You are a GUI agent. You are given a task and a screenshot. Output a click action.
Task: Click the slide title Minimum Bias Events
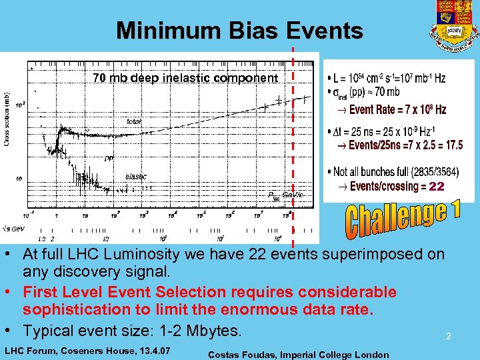[x=239, y=31]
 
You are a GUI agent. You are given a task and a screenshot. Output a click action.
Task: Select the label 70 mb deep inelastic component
[x=185, y=78]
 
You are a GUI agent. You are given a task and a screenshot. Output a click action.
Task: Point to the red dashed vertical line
[x=293, y=133]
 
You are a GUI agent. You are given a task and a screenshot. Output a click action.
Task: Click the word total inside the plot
[x=134, y=121]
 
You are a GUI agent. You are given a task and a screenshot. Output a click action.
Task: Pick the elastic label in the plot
[x=135, y=177]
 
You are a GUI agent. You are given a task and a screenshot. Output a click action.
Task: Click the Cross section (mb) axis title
[x=7, y=119]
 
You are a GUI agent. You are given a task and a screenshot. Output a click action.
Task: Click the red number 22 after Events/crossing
[x=436, y=187]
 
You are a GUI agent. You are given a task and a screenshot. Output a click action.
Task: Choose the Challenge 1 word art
[x=402, y=219]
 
